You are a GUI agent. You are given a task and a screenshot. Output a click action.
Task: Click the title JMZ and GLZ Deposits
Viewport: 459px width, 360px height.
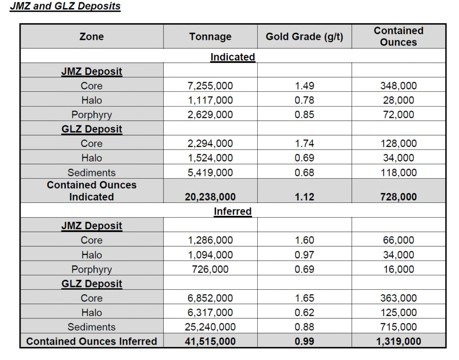(x=65, y=6)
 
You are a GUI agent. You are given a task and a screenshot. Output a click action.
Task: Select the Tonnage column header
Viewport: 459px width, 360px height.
(x=210, y=37)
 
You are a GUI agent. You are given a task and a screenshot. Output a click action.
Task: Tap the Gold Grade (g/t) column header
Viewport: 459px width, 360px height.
(x=304, y=37)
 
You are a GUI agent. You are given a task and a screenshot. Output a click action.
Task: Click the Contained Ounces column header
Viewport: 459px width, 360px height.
(x=398, y=36)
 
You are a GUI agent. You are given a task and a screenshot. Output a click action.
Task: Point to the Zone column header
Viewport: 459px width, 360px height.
(x=91, y=37)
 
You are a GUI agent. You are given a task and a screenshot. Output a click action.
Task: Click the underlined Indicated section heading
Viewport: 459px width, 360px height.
(x=233, y=57)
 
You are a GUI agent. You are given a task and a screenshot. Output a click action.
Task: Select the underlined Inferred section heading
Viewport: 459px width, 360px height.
(x=233, y=211)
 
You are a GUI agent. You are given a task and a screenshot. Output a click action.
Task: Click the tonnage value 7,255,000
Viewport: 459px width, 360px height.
(x=210, y=86)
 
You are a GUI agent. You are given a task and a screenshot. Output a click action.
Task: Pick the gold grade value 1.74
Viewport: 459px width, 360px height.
(x=304, y=143)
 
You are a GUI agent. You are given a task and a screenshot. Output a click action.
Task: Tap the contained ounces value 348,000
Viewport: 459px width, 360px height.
(x=398, y=86)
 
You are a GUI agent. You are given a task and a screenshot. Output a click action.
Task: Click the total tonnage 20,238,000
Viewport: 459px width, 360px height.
(x=210, y=197)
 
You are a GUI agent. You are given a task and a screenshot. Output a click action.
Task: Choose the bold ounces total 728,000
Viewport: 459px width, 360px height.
(x=398, y=197)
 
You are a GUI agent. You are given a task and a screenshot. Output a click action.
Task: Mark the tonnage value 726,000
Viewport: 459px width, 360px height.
(x=210, y=269)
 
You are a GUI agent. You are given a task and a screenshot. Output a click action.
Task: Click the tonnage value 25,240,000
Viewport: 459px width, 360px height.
(x=210, y=327)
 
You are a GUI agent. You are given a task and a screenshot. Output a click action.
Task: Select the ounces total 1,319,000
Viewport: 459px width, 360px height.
(x=398, y=341)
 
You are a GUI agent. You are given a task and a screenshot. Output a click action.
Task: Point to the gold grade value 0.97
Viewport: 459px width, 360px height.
(x=304, y=255)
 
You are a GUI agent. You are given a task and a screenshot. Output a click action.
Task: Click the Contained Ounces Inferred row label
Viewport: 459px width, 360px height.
(x=91, y=341)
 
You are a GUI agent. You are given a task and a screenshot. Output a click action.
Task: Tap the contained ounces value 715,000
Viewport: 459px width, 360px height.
(x=398, y=327)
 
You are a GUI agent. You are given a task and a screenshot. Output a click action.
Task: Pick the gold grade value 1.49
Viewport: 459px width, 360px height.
(x=304, y=86)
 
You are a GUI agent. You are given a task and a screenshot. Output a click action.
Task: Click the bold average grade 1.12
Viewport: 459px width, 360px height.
(x=304, y=197)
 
